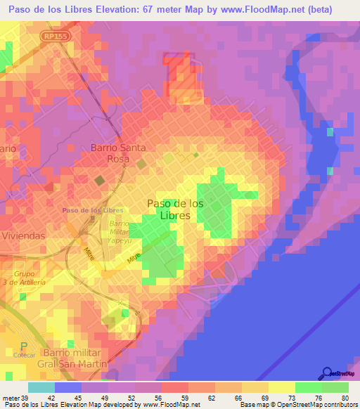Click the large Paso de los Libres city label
176,209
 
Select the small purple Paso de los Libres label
93,210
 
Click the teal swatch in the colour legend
41,387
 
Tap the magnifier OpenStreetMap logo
328,373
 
